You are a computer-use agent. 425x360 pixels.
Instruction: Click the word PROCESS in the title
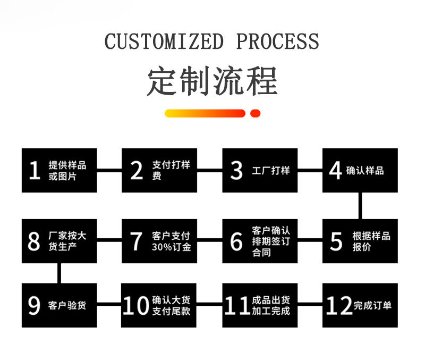[x=277, y=41]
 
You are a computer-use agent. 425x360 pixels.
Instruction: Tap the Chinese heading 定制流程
[x=212, y=81]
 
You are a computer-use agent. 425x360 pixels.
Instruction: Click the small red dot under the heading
[x=255, y=113]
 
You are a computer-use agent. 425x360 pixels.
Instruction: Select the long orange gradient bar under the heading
[x=205, y=113]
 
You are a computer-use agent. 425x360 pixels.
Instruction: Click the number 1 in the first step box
[x=35, y=171]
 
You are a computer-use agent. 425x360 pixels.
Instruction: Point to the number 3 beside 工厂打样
[x=236, y=171]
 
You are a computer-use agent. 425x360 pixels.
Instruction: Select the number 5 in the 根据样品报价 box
[x=336, y=241]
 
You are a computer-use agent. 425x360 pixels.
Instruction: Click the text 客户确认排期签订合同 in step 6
[x=271, y=241]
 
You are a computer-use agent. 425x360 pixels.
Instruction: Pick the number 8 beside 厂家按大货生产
[x=34, y=241]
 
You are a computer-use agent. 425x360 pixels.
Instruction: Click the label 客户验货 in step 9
[x=67, y=306]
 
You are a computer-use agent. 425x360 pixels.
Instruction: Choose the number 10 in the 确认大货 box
[x=136, y=306]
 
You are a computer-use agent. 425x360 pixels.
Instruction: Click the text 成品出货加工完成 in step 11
[x=271, y=306]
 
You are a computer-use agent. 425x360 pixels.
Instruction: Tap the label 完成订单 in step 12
[x=372, y=306]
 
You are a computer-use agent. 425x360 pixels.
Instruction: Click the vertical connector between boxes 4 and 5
[x=361, y=205]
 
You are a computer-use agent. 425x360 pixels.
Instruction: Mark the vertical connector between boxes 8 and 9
[x=59, y=273]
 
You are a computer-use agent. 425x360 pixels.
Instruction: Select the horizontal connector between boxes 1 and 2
[x=109, y=170]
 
